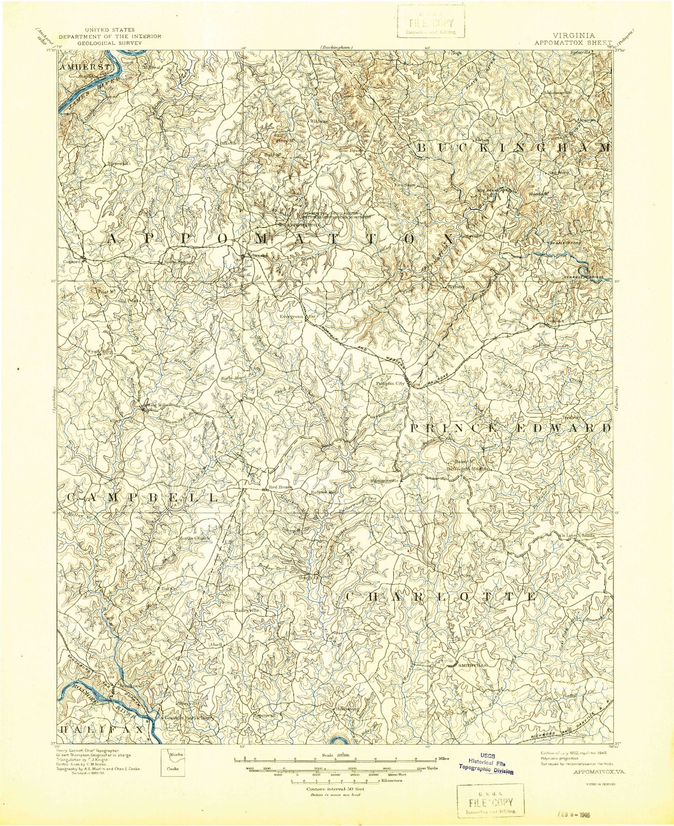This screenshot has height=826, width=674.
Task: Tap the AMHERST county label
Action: click(86, 67)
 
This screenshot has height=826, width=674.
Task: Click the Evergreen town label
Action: click(291, 317)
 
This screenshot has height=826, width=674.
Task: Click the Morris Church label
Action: click(194, 538)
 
